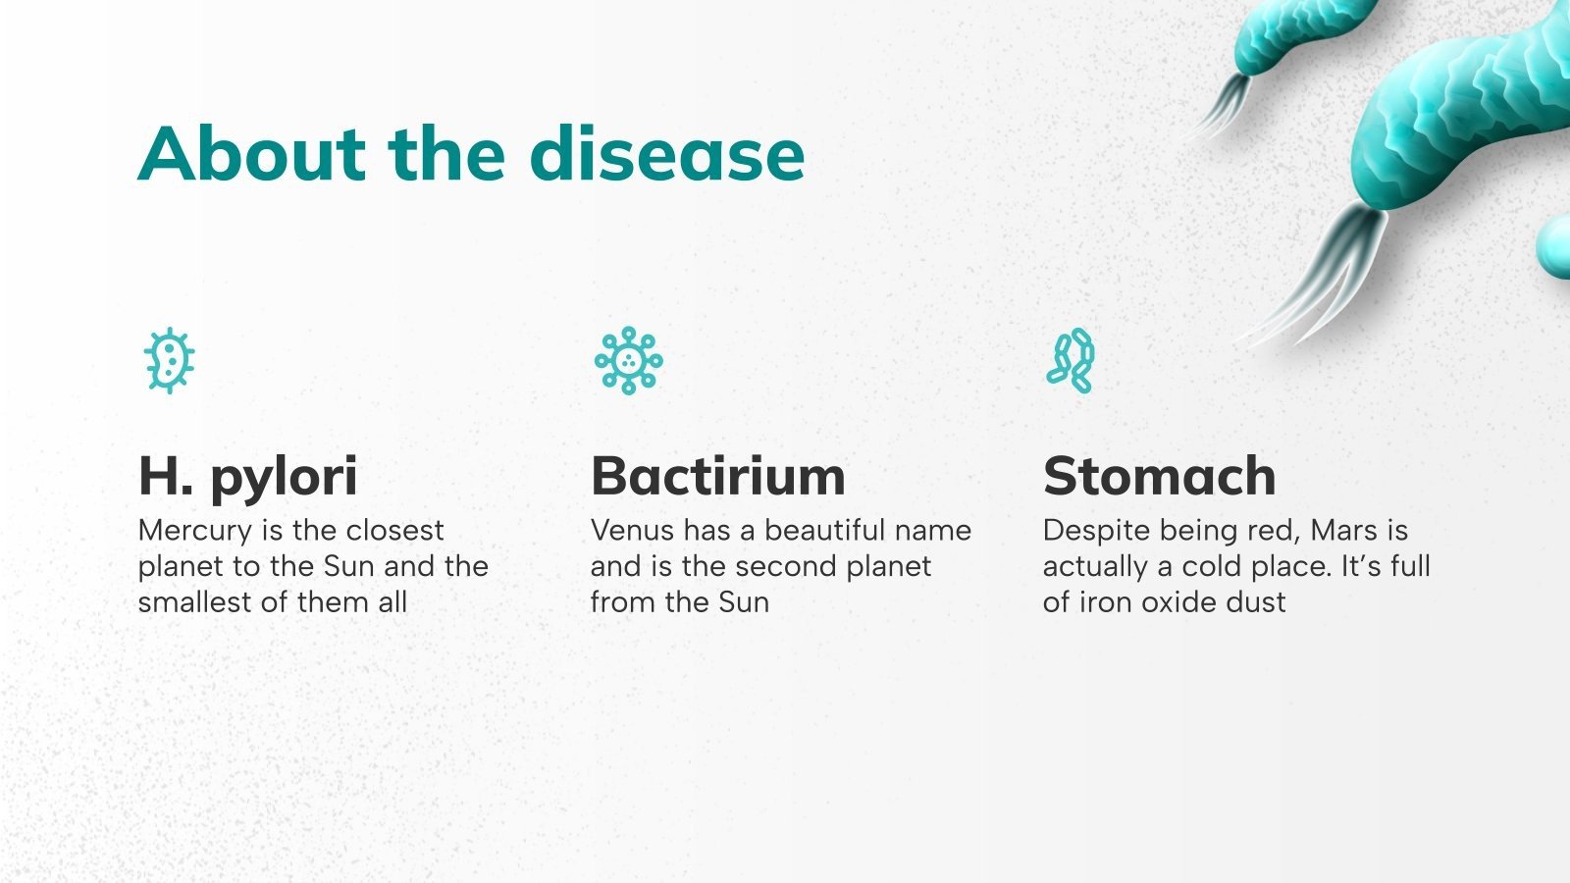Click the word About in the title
(x=251, y=154)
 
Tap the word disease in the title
(x=667, y=154)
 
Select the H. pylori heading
(x=247, y=477)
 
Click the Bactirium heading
(x=717, y=477)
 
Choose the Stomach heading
(x=1159, y=477)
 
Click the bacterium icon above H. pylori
(x=169, y=360)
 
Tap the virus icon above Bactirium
(x=628, y=360)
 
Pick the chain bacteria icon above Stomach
(x=1070, y=360)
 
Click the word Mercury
(x=195, y=531)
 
